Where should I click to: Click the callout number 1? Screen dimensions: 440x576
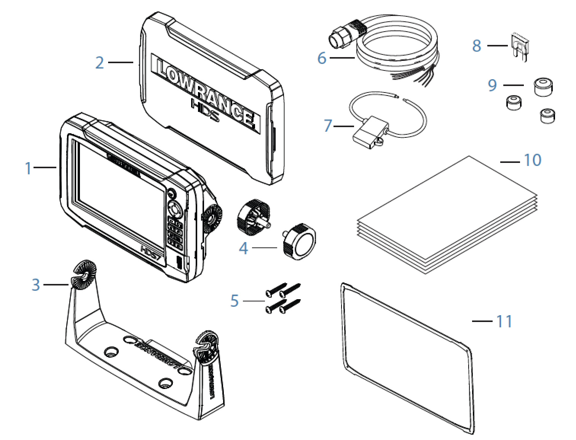[x=28, y=168]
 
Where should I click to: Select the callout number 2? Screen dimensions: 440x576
[x=99, y=63]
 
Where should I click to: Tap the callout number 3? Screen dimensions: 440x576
[x=35, y=284]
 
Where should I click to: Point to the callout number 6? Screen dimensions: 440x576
[x=322, y=58]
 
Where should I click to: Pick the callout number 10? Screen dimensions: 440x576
[x=532, y=160]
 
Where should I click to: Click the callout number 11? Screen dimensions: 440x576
[x=504, y=321]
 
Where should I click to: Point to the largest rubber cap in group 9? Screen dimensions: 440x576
[x=543, y=88]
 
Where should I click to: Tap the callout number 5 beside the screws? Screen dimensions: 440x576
[x=235, y=301]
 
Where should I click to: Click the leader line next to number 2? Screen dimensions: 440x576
[x=120, y=62]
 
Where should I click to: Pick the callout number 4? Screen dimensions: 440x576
[x=243, y=249]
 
